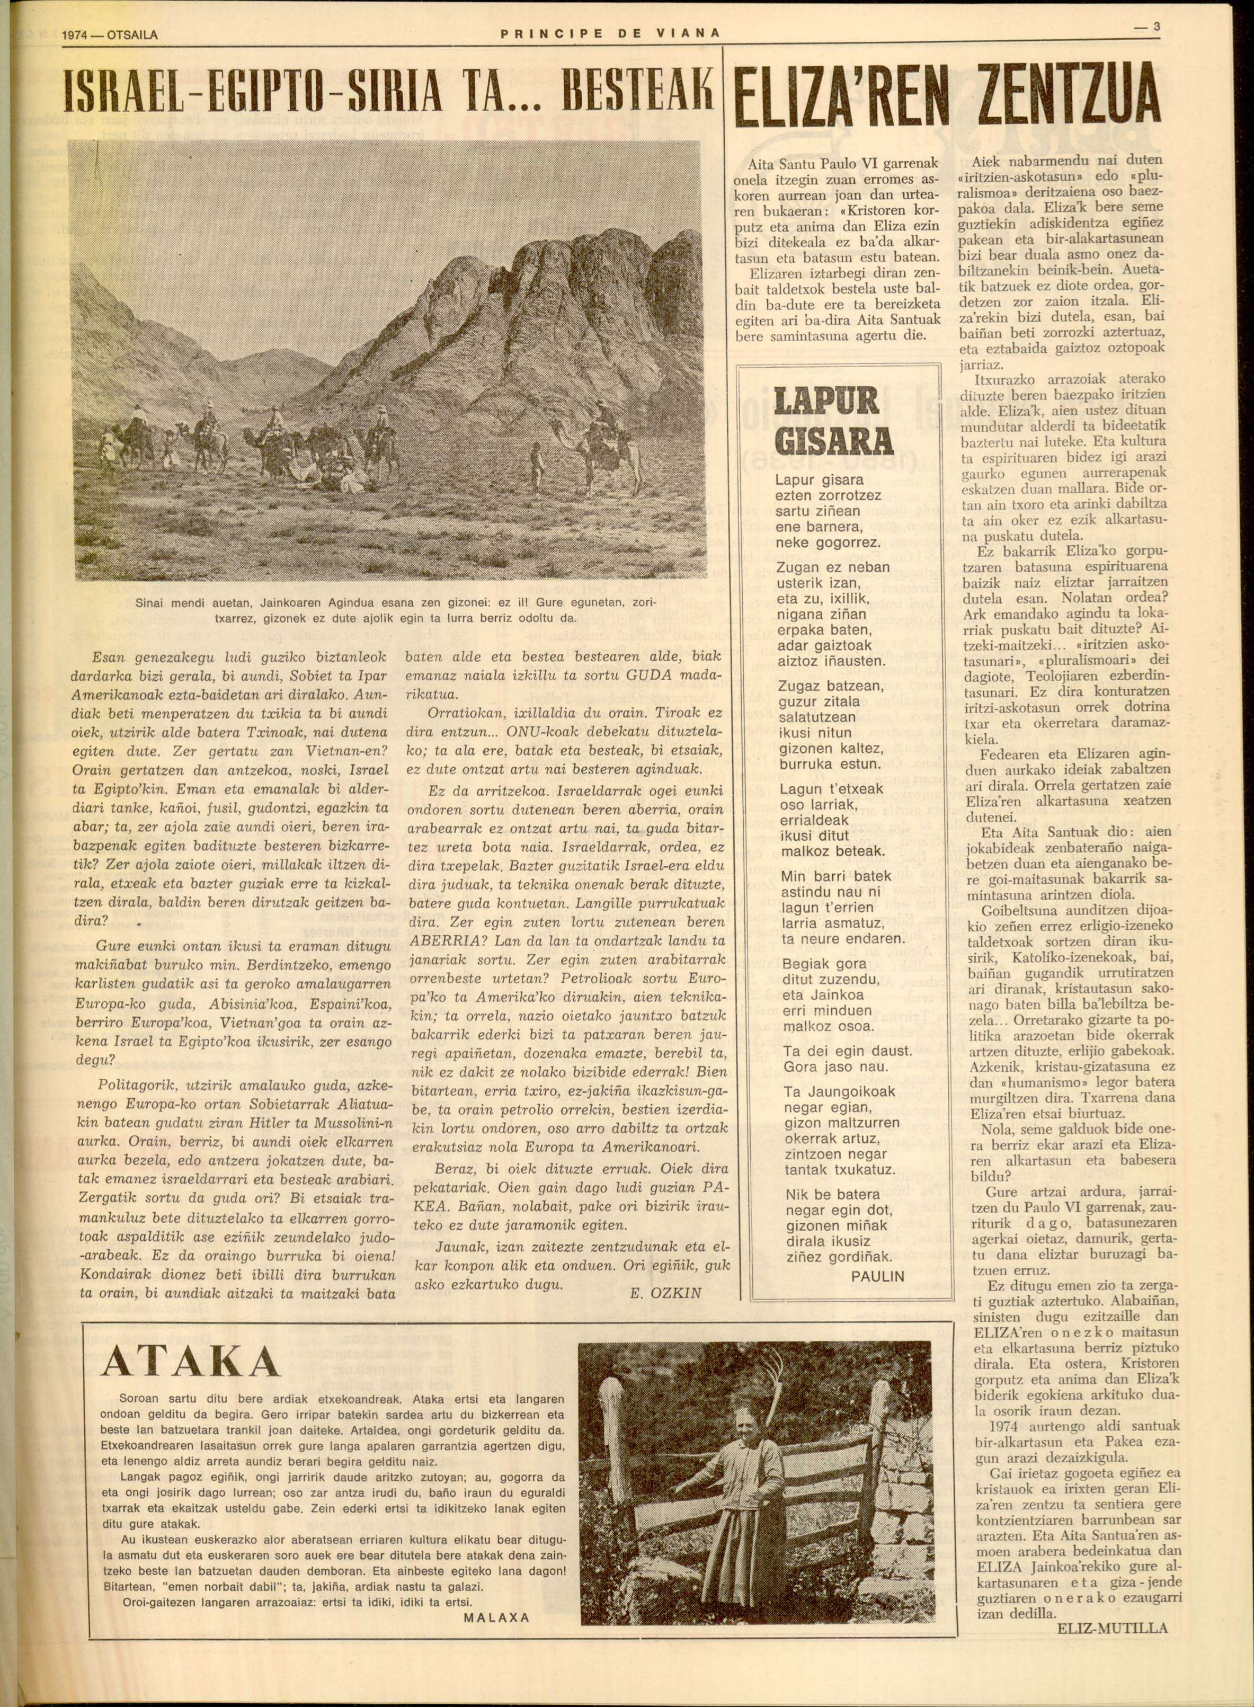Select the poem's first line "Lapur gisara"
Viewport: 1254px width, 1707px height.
coord(819,481)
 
